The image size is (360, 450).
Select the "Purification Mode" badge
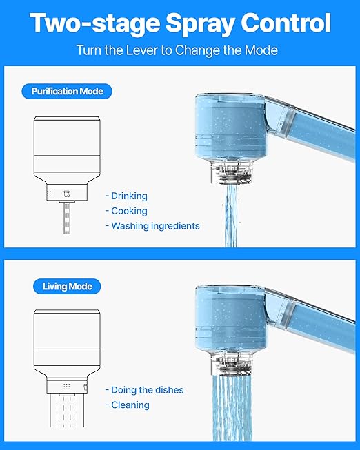(x=67, y=91)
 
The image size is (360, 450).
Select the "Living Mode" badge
(x=67, y=286)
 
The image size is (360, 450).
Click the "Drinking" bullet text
(x=129, y=196)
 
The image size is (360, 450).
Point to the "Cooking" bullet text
(x=129, y=211)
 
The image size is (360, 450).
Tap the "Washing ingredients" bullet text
(x=155, y=226)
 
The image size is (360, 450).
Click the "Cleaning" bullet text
(x=130, y=405)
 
